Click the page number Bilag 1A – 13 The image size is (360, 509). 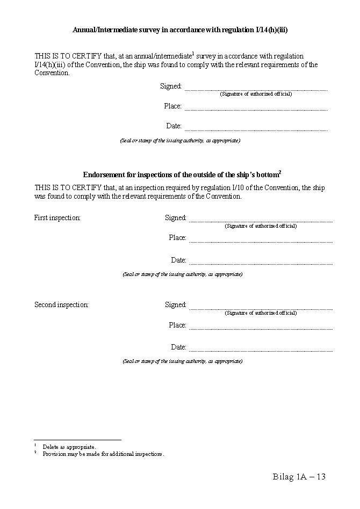299,477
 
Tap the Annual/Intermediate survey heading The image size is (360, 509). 180,30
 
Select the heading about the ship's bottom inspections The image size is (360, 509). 182,175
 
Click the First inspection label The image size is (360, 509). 57,218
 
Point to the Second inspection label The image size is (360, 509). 61,305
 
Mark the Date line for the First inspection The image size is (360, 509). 261,263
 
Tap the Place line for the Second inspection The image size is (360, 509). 261,328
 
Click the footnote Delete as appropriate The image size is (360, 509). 69,447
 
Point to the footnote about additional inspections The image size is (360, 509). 103,454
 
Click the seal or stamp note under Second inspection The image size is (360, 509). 183,361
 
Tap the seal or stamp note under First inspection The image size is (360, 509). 183,274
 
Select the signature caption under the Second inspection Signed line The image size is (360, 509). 261,313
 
